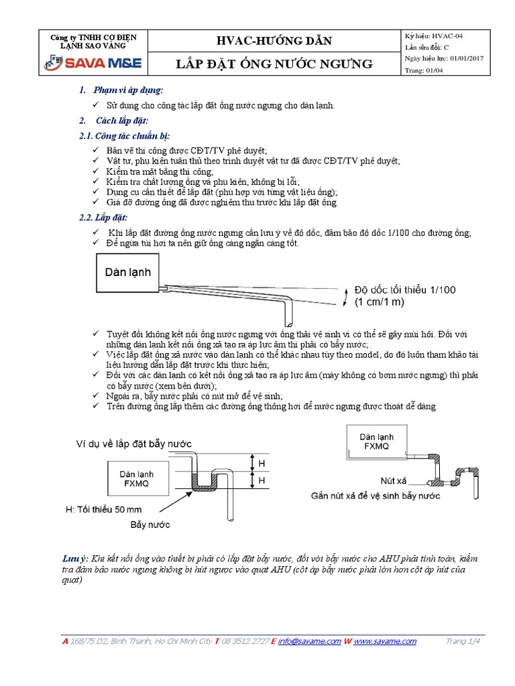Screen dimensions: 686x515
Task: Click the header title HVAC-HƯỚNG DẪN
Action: pos(273,40)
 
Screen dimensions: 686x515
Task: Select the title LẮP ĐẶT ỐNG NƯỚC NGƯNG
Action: pos(273,64)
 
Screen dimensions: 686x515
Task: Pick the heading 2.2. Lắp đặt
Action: pos(103,218)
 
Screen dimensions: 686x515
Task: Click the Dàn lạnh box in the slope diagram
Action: pos(128,272)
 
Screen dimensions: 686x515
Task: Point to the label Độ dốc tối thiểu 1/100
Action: pos(405,289)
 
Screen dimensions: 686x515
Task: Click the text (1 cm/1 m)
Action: pos(380,302)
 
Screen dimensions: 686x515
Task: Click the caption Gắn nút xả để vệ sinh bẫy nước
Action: pos(376,496)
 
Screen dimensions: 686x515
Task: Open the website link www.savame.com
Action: pos(385,641)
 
